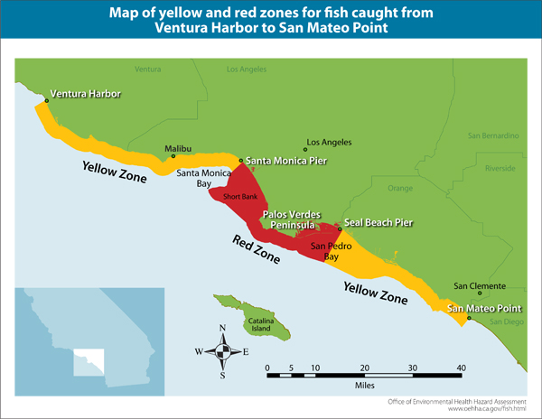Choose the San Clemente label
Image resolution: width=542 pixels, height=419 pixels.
(x=473, y=286)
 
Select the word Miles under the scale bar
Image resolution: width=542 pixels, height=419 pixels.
(x=365, y=383)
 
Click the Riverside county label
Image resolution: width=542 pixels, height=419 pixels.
(x=500, y=168)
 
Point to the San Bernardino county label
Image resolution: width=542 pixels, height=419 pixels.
(x=493, y=135)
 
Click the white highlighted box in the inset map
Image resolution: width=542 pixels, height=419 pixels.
(x=88, y=360)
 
